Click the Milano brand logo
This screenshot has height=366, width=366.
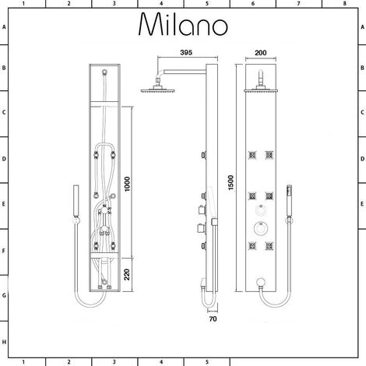(183, 24)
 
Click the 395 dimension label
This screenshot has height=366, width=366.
(186, 52)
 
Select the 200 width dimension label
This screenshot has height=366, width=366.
(261, 53)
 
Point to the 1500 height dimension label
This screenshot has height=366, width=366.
(231, 183)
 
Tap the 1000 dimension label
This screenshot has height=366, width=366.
(127, 184)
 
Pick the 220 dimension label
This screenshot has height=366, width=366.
(127, 275)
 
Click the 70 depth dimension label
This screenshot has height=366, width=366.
(213, 319)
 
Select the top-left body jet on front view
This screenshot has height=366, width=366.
(252, 155)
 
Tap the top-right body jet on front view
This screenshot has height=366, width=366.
(269, 155)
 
